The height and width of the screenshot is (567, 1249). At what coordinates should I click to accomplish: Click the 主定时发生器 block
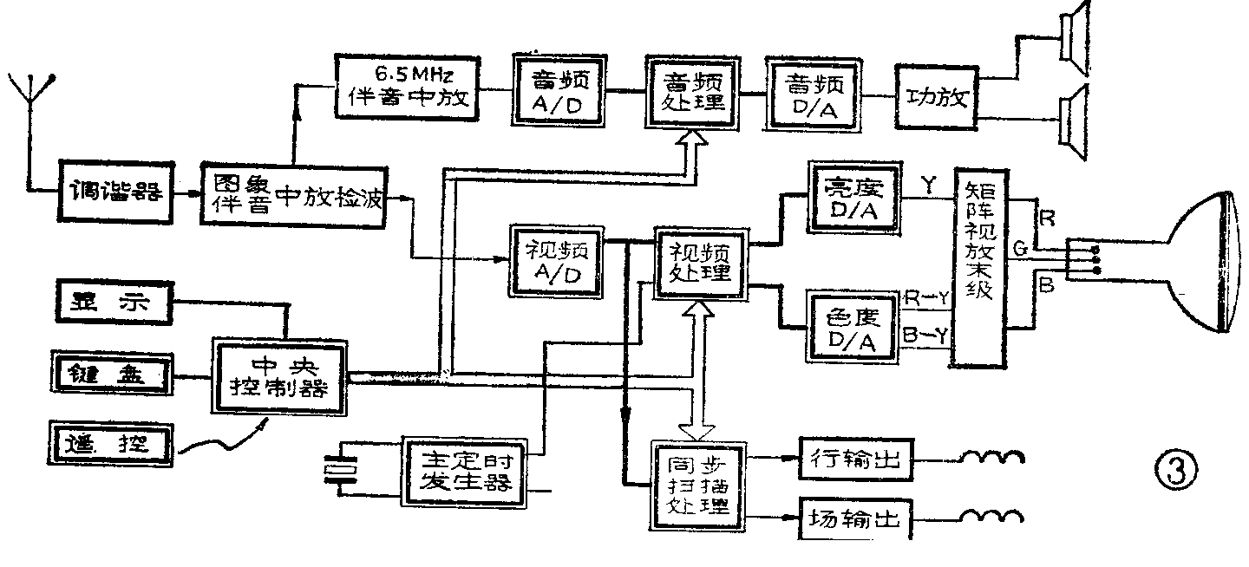(x=466, y=471)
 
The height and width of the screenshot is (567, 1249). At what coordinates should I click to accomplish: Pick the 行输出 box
(x=854, y=460)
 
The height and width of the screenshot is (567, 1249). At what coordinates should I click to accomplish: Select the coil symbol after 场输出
(x=991, y=519)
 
